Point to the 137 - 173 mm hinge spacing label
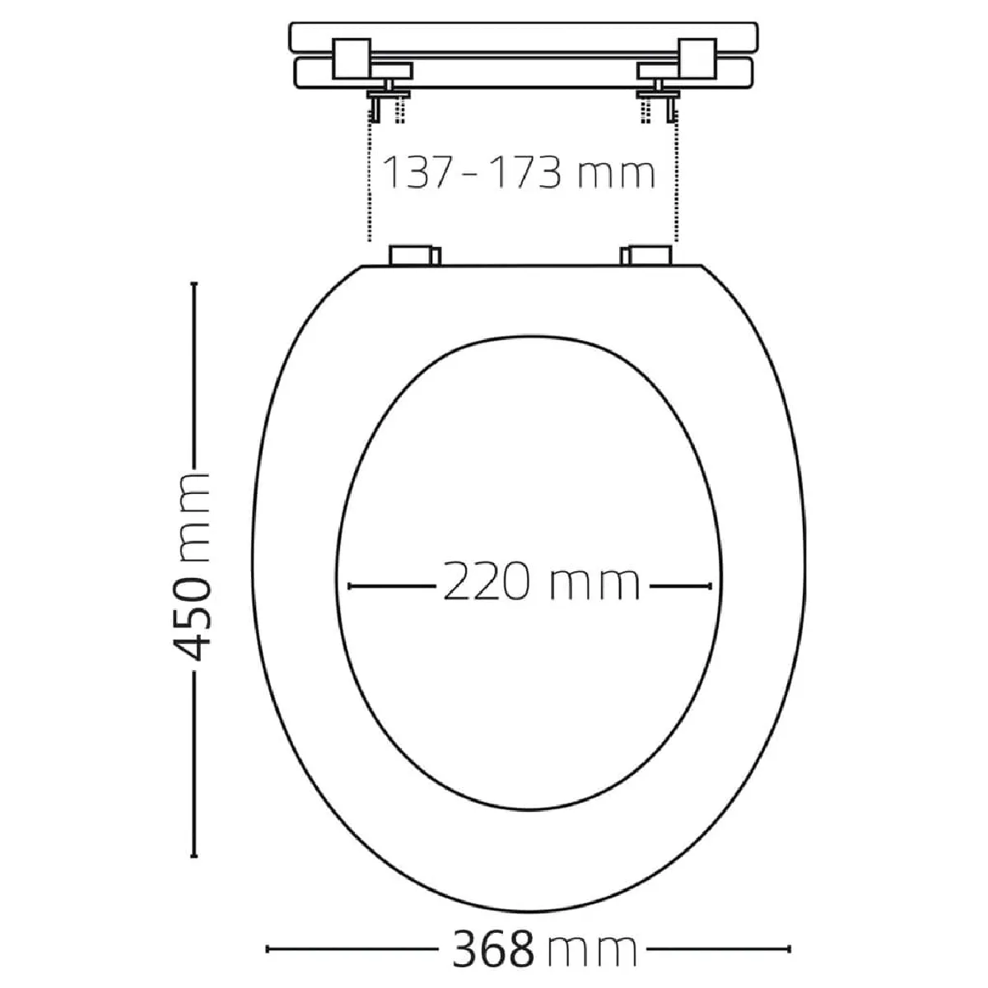click(519, 172)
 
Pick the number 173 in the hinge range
click(523, 172)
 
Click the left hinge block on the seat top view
click(415, 255)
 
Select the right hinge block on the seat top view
click(646, 255)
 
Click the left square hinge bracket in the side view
click(352, 58)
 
